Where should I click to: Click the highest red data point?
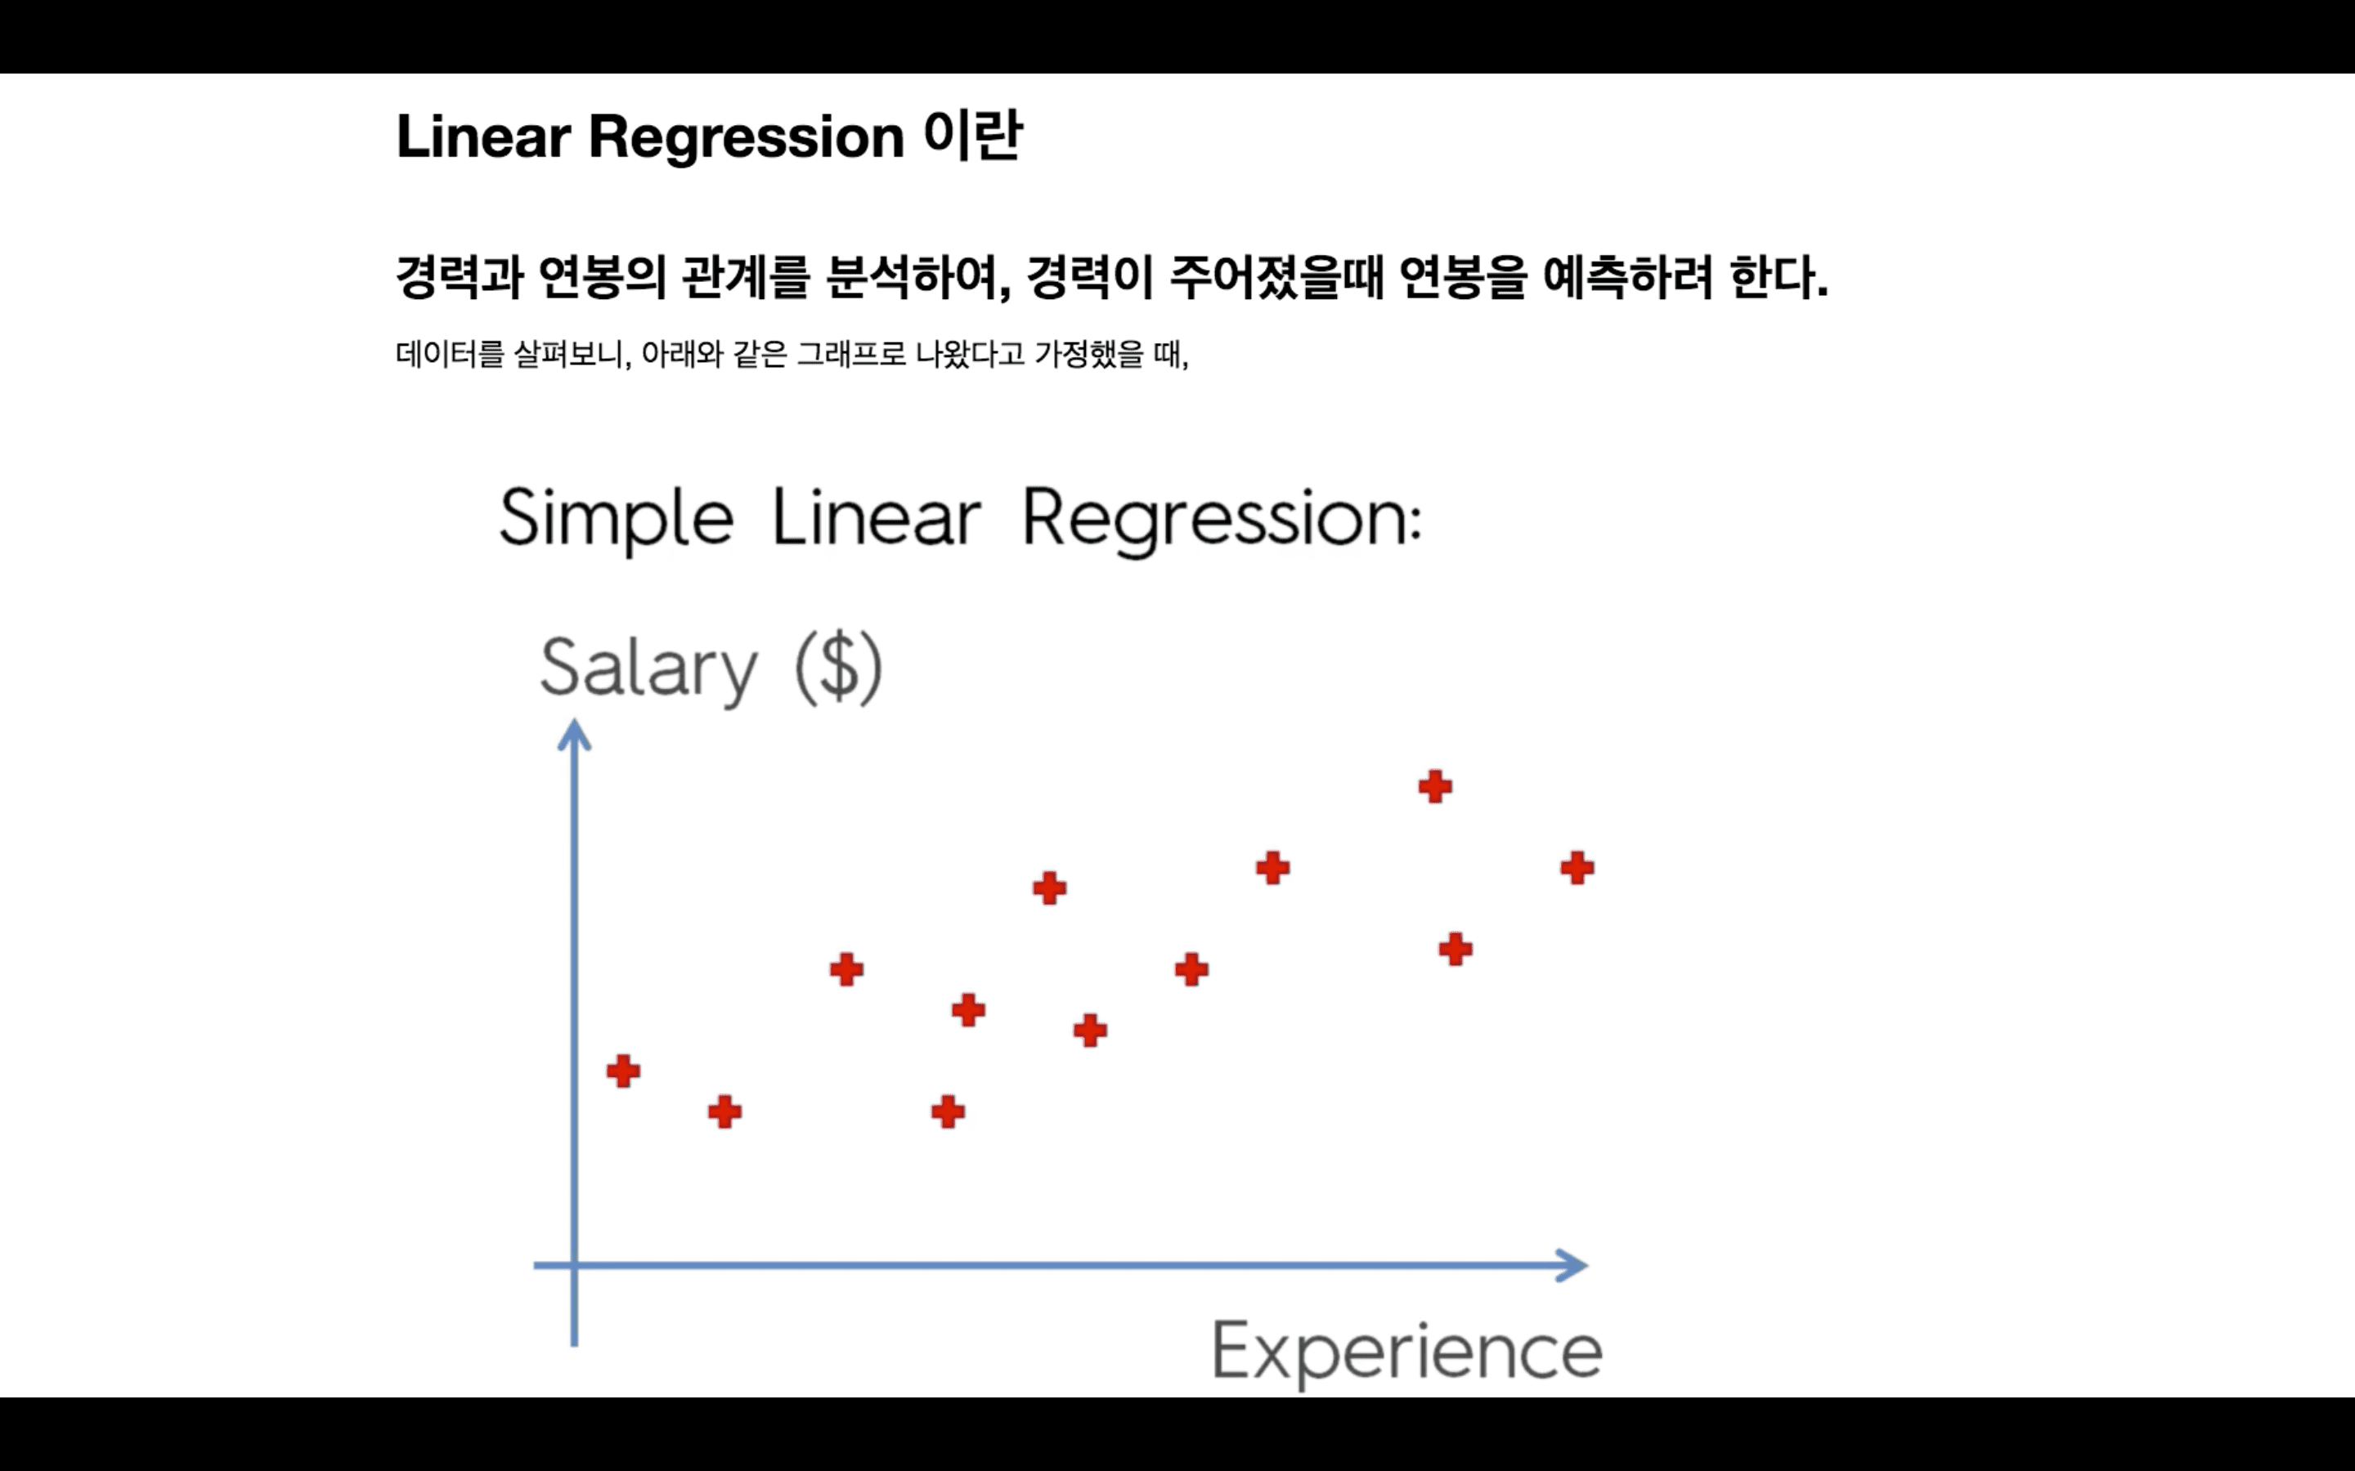[1434, 786]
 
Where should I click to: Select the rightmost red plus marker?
[1577, 868]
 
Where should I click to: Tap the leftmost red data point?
[623, 1071]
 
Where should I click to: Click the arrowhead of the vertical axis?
[574, 735]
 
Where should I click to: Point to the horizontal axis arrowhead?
[1572, 1266]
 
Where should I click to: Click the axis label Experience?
[1406, 1352]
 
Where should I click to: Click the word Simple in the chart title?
[616, 519]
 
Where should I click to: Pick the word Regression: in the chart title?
[1222, 521]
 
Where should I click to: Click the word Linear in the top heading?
[482, 136]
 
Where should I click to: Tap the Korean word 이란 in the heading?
[972, 134]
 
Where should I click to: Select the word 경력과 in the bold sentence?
[460, 277]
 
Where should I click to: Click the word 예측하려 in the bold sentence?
[1627, 277]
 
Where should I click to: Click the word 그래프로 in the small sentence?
[850, 354]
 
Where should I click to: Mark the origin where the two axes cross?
[574, 1266]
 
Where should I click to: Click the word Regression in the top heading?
[747, 136]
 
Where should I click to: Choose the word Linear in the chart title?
[876, 519]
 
